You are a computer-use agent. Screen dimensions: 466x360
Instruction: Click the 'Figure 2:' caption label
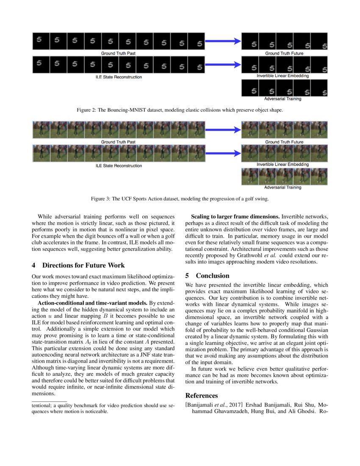pyautogui.click(x=88, y=110)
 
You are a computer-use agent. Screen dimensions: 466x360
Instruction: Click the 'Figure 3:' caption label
pyautogui.click(x=102, y=198)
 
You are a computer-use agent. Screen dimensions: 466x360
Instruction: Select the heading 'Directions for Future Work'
pyautogui.click(x=83, y=266)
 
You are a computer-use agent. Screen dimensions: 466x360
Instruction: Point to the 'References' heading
pyautogui.click(x=202, y=396)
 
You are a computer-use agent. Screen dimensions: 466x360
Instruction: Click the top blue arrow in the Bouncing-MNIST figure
pyautogui.click(x=223, y=41)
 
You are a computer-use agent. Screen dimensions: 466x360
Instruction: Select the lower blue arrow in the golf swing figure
pyautogui.click(x=223, y=153)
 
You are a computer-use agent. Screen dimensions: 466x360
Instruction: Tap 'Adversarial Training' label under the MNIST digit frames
pyautogui.click(x=282, y=99)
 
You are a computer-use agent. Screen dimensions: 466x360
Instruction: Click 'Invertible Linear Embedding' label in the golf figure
pyautogui.click(x=282, y=164)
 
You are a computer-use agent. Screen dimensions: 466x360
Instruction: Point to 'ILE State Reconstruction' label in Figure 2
pyautogui.click(x=119, y=77)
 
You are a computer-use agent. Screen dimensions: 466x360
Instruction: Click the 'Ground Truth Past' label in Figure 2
pyautogui.click(x=118, y=54)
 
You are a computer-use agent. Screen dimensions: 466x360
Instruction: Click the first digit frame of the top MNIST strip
pyautogui.click(x=41, y=41)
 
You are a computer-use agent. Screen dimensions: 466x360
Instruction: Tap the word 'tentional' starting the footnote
pyautogui.click(x=43, y=405)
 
